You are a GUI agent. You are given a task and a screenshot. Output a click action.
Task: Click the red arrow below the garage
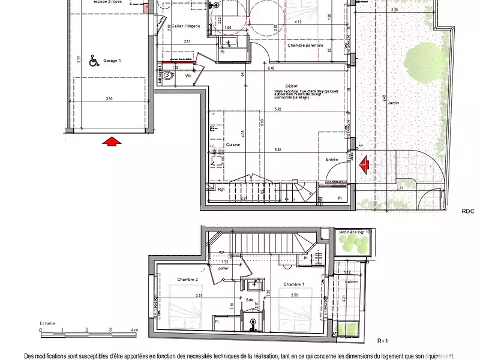pyautogui.click(x=110, y=142)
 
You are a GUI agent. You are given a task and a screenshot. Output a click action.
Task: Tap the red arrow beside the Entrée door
pyautogui.click(x=364, y=164)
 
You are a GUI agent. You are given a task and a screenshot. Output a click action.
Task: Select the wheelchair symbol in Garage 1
pyautogui.click(x=94, y=60)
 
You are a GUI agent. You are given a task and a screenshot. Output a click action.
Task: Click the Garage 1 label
pyautogui.click(x=112, y=61)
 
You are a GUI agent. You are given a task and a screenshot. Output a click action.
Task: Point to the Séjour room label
pyautogui.click(x=292, y=86)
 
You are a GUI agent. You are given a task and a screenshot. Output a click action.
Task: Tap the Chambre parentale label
pyautogui.click(x=305, y=45)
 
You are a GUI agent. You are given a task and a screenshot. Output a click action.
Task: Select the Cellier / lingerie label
pyautogui.click(x=185, y=26)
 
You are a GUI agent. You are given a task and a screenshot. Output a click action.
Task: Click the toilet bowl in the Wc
pyautogui.click(x=167, y=76)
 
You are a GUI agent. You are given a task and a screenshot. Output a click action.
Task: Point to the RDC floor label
pyautogui.click(x=468, y=211)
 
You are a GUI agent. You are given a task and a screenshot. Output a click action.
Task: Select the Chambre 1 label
pyautogui.click(x=293, y=284)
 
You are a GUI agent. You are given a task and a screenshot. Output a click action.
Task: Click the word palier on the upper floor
pyautogui.click(x=224, y=269)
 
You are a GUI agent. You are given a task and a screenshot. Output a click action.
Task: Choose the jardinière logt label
pyautogui.click(x=356, y=231)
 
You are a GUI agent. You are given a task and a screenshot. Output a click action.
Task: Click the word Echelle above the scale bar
pyautogui.click(x=48, y=323)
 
